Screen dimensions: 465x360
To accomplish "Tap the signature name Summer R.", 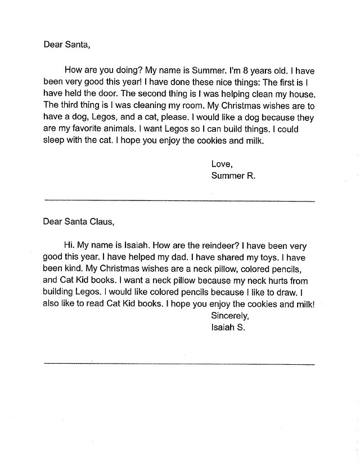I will pos(233,176).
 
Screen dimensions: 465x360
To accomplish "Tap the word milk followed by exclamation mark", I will pos(303,305).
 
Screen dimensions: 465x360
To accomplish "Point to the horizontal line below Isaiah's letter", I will pos(179,364).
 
